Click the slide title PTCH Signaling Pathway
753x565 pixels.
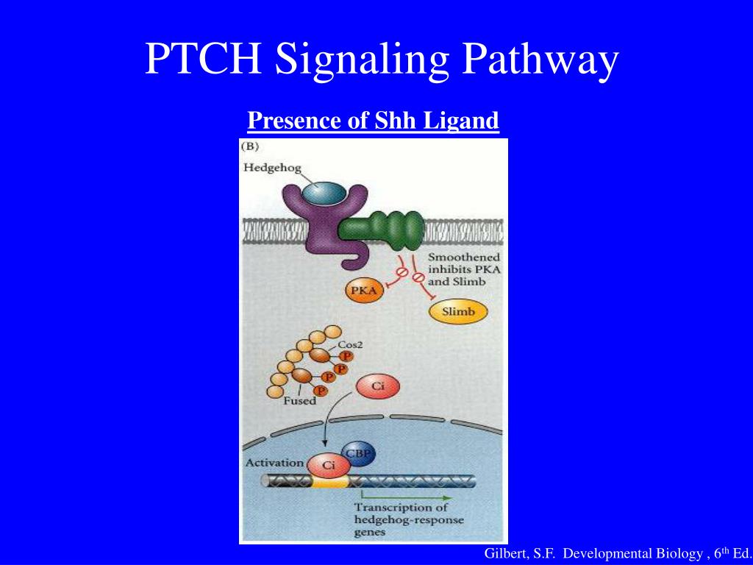[381, 60]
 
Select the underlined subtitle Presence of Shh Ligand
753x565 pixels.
[373, 119]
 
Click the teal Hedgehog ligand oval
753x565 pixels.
[321, 193]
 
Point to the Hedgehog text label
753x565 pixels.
[272, 168]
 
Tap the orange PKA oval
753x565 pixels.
[364, 291]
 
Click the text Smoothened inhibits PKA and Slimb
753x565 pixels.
[464, 269]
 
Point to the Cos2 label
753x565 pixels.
[349, 344]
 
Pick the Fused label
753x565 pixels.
[299, 401]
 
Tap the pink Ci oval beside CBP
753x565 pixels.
[326, 465]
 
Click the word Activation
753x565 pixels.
[274, 463]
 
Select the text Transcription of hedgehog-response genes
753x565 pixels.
[401, 519]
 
